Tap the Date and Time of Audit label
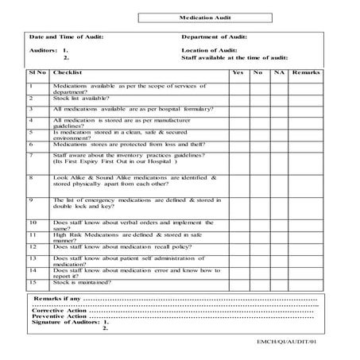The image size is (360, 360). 66,37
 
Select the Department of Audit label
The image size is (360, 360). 215,37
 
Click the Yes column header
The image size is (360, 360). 237,72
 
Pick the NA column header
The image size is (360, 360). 278,72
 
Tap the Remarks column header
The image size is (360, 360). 306,72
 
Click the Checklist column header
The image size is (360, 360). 67,72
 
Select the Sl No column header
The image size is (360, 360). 37,72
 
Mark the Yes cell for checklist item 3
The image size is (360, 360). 237,110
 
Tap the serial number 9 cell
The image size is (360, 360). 31,200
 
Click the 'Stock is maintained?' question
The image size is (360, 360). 83,282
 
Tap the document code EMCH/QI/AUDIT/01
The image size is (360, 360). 298,343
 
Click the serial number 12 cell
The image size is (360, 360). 33,248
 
